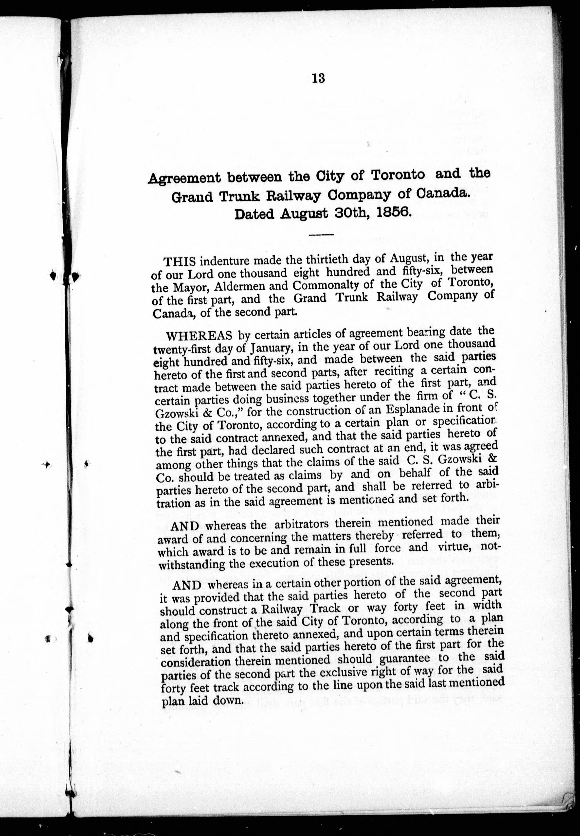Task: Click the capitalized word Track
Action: pos(324,610)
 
